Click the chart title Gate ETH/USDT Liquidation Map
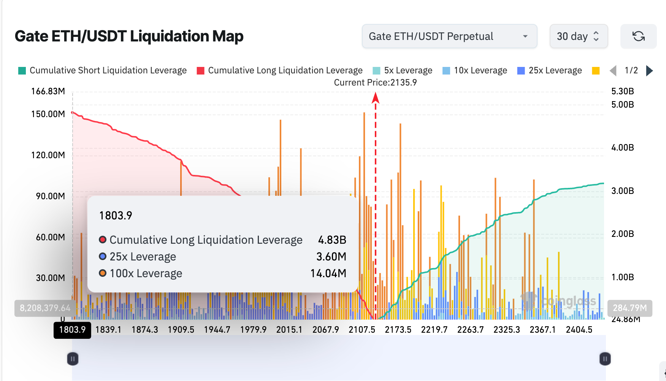tap(129, 37)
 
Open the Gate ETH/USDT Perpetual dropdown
tap(449, 37)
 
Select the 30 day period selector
tap(578, 37)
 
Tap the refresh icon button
tap(638, 37)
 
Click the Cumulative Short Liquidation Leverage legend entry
tap(103, 71)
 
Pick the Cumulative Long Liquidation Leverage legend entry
tap(280, 71)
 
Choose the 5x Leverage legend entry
tap(403, 71)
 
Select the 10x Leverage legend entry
tap(475, 71)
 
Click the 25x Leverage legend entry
tap(550, 71)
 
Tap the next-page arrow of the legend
tap(650, 71)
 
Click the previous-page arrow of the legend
tap(613, 71)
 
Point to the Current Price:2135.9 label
tap(375, 83)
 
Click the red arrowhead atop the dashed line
tap(376, 98)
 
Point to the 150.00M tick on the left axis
tap(48, 114)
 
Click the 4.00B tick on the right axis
tap(622, 148)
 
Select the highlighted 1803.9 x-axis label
tap(72, 330)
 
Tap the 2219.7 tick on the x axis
tap(434, 330)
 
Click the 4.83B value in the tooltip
tap(332, 240)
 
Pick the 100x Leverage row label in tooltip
tap(146, 273)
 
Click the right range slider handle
tap(605, 359)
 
